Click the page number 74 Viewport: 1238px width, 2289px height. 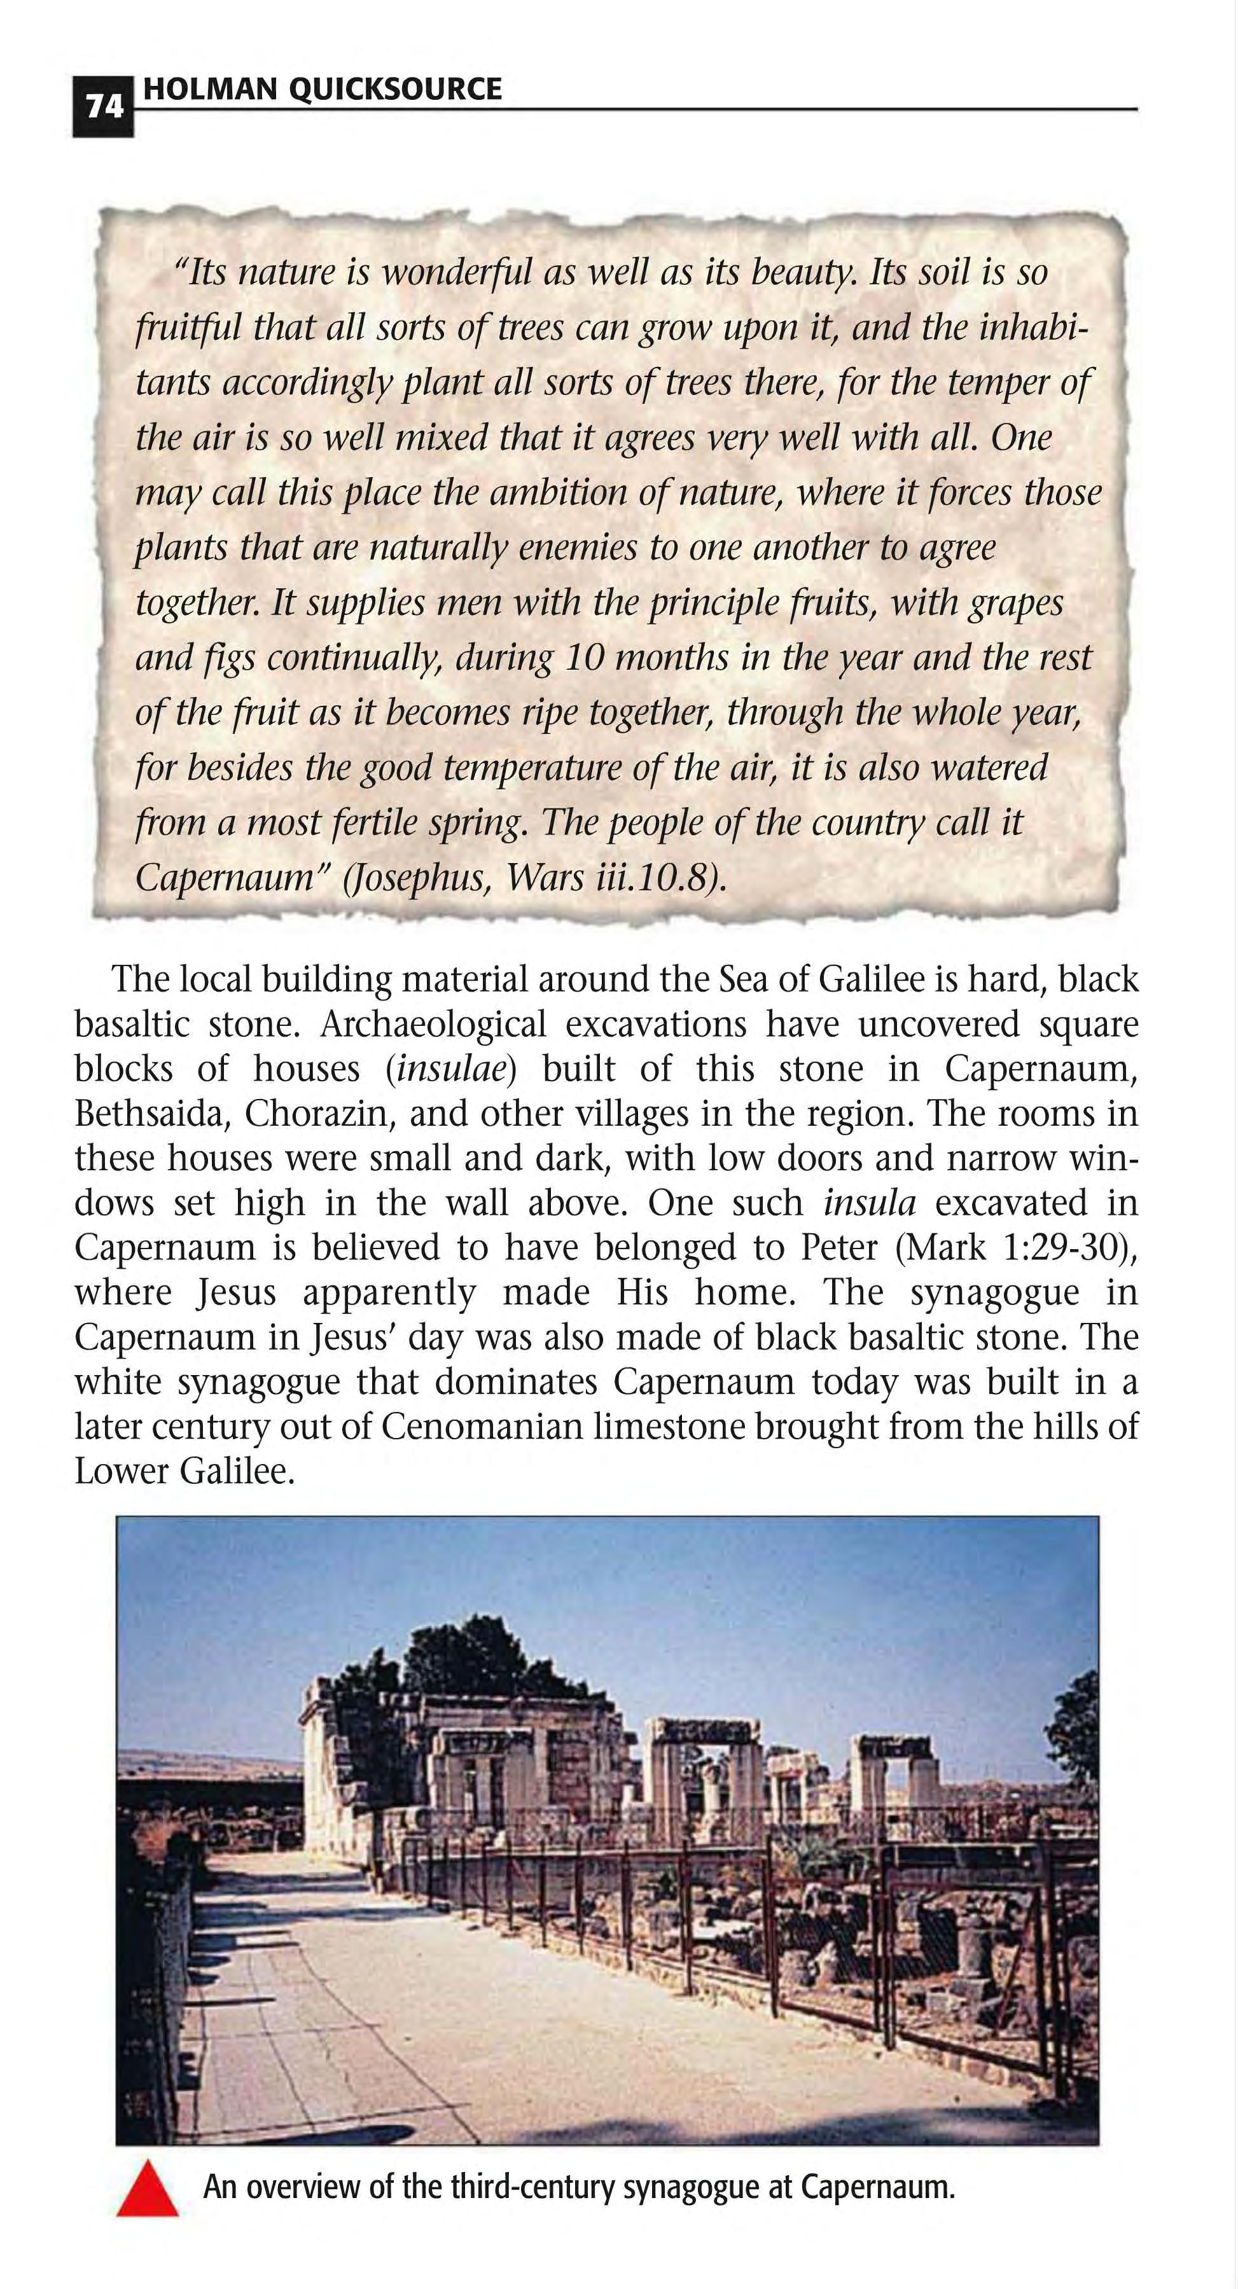pos(103,107)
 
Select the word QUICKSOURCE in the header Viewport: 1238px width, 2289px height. pos(394,89)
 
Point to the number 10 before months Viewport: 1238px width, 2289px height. pos(581,658)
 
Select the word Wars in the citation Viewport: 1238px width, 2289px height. pos(537,878)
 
